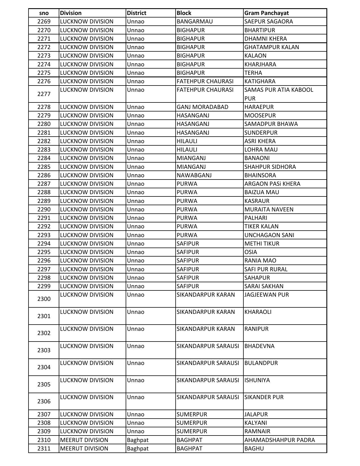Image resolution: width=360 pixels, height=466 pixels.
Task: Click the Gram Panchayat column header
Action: point(266,13)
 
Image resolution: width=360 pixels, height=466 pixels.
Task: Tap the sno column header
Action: point(44,13)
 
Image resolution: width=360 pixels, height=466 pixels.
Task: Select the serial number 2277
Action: point(44,94)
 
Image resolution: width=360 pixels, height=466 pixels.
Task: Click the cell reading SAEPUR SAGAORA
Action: point(269,21)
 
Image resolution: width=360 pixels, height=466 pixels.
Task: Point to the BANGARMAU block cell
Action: point(195,21)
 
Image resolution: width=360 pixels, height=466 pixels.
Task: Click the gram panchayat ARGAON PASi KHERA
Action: point(272,184)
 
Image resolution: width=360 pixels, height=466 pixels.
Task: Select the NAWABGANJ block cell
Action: point(194,175)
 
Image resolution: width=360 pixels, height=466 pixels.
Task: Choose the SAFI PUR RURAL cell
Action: point(266,269)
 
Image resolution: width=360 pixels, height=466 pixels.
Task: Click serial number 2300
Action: point(44,299)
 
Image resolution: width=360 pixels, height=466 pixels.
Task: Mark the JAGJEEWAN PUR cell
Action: point(267,295)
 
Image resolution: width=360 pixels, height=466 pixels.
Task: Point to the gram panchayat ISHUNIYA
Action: point(257,380)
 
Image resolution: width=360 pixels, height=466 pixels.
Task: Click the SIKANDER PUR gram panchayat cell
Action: point(264,397)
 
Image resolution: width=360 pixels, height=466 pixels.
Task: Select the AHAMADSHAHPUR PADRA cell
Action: point(280,440)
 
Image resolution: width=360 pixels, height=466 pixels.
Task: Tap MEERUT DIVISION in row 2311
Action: point(84,449)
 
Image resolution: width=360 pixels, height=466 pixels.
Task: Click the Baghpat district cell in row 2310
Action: point(138,440)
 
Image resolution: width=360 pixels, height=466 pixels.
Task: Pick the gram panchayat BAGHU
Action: point(254,449)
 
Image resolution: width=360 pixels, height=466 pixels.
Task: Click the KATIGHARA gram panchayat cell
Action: point(260,81)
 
